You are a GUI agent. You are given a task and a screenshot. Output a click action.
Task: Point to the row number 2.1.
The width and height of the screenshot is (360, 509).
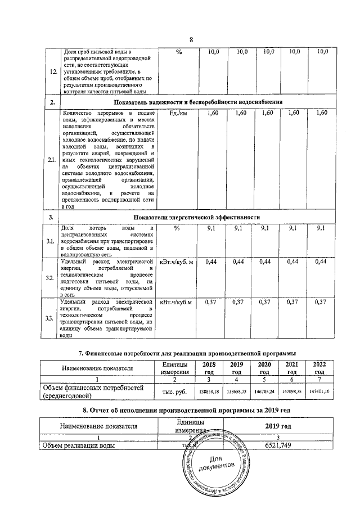click(x=52, y=160)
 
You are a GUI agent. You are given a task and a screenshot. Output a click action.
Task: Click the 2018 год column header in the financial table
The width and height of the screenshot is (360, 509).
click(x=209, y=368)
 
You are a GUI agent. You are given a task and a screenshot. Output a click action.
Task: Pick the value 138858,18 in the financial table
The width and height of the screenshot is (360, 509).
click(x=209, y=389)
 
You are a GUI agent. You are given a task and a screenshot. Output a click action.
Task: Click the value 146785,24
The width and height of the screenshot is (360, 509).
click(x=264, y=389)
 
